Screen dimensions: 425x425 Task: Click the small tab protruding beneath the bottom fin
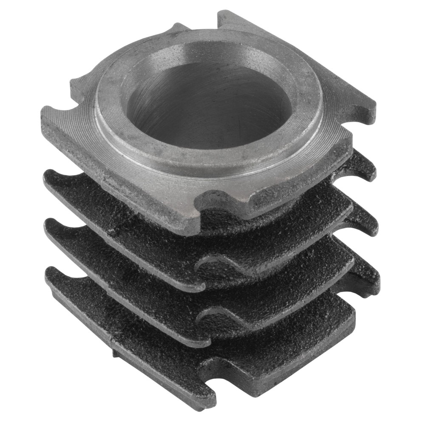pos(116,353)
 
